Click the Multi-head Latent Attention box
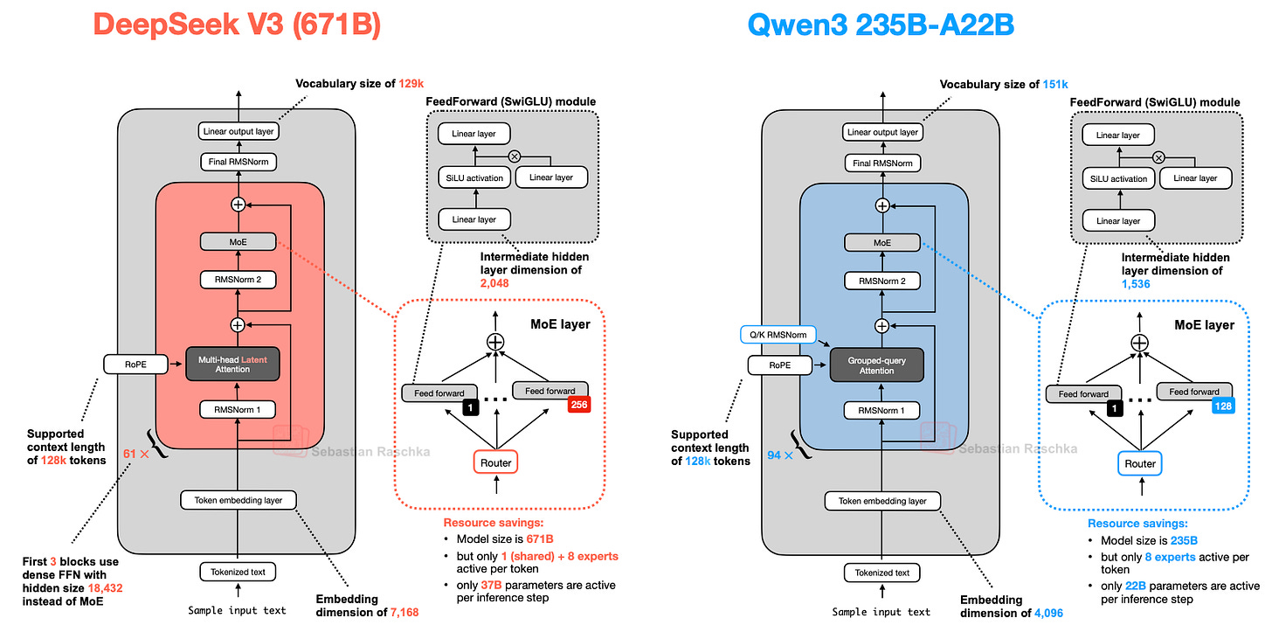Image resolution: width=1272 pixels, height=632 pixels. (232, 363)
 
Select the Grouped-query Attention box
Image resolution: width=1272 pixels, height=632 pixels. (876, 365)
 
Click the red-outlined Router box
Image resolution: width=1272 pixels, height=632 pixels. (495, 462)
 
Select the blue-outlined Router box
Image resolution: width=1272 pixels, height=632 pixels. (1139, 463)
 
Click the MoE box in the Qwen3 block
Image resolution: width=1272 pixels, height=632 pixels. (881, 242)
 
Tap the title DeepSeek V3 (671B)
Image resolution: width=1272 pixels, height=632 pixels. (238, 24)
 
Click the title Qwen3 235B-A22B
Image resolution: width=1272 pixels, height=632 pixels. (881, 24)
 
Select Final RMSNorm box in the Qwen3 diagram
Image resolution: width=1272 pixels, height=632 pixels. (881, 163)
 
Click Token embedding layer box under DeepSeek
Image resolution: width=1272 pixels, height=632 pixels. (238, 500)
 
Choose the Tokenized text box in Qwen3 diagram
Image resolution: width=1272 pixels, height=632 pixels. (881, 573)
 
